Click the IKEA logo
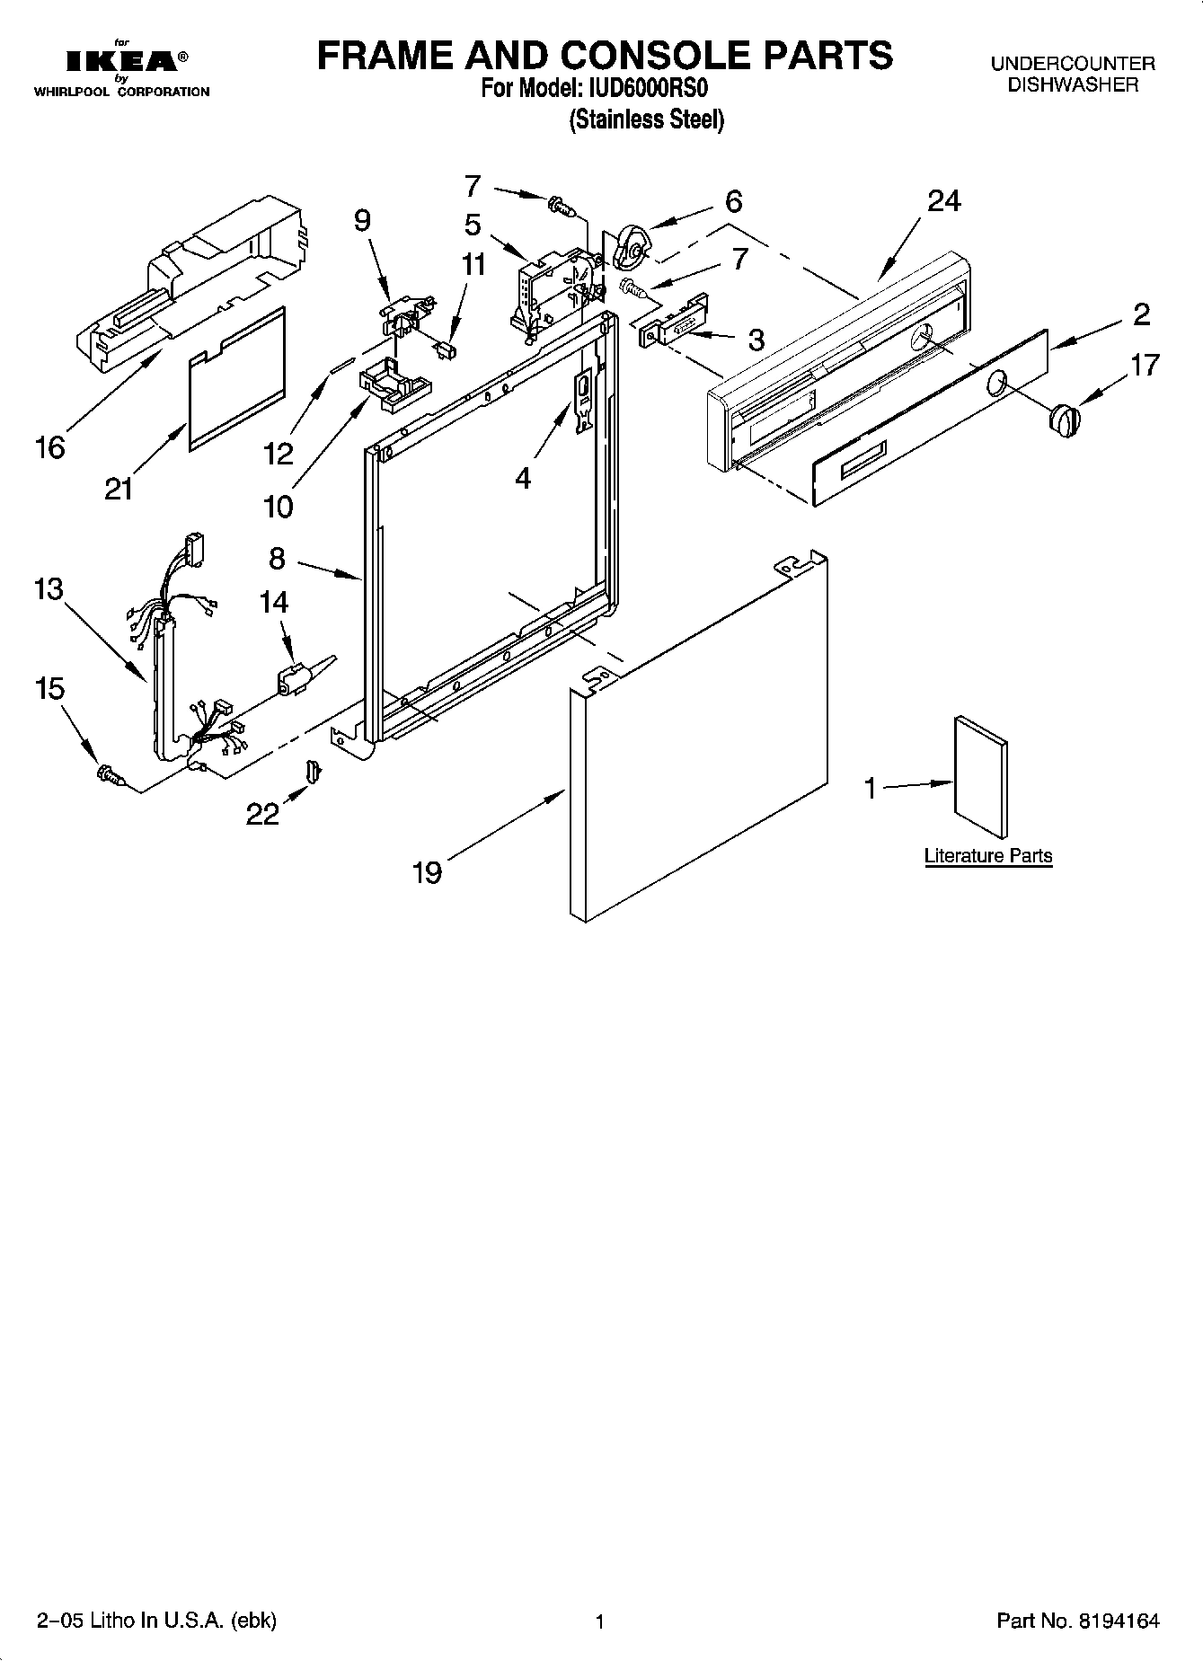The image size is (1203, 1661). point(121,61)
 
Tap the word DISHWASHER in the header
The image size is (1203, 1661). point(1073,85)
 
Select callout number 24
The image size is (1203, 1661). point(943,201)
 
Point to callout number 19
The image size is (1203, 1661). point(428,871)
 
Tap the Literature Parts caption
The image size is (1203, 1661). point(987,856)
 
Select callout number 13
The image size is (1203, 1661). point(49,590)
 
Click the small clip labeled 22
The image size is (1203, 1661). point(312,770)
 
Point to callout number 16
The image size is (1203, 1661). point(50,446)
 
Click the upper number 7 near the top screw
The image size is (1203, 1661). point(473,186)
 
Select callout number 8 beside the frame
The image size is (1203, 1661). point(277,559)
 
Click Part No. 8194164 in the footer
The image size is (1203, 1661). point(1077,1621)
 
